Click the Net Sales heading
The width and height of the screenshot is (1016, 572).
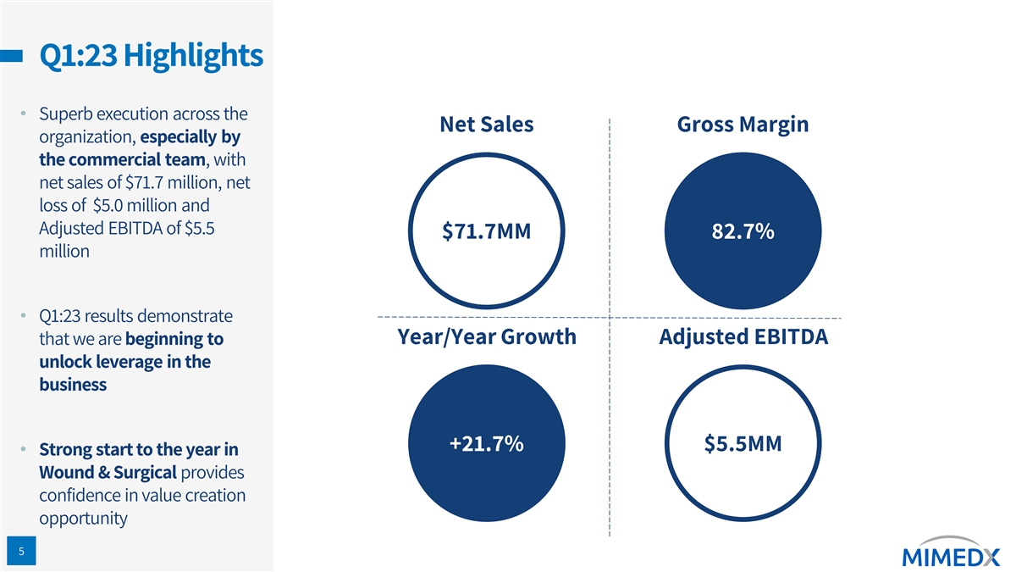[x=486, y=125]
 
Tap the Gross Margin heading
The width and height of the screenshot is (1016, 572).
[x=743, y=125]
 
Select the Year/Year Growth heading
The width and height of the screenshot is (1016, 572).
[x=486, y=337]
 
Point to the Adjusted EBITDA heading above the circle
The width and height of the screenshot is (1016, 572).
[x=743, y=337]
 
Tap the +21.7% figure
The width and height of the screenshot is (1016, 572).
[x=486, y=444]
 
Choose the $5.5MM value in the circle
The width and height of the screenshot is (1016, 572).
[x=743, y=444]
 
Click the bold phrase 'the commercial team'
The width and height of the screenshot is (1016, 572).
[x=121, y=160]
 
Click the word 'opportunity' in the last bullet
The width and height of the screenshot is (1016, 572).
[x=83, y=518]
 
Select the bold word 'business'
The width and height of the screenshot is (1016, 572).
[x=73, y=385]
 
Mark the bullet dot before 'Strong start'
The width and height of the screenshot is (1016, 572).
[x=25, y=450]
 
